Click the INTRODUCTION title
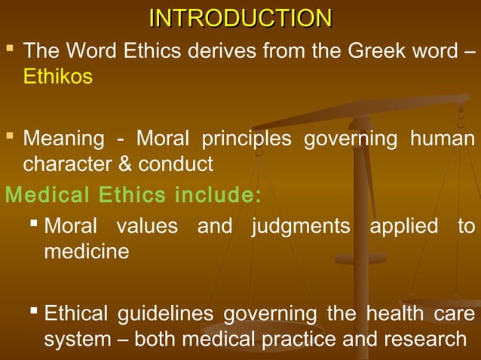tap(240, 17)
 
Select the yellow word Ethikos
tap(59, 77)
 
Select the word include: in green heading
tap(217, 195)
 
